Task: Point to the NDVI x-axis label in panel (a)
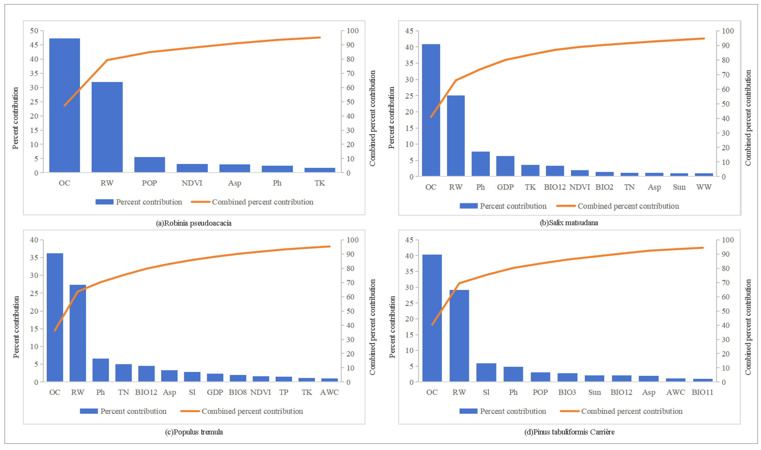click(x=192, y=183)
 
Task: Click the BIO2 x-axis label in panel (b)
click(x=604, y=187)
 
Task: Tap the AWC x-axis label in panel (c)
click(x=329, y=392)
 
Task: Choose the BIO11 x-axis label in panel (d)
click(x=702, y=392)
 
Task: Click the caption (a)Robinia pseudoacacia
click(x=194, y=223)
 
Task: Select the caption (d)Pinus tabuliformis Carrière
click(x=569, y=432)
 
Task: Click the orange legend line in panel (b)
click(x=566, y=206)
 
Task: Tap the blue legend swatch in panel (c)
click(x=89, y=411)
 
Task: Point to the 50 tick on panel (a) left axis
click(x=34, y=31)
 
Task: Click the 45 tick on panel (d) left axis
click(x=409, y=240)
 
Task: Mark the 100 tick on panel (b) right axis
click(x=728, y=31)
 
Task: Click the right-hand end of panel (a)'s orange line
click(x=320, y=38)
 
